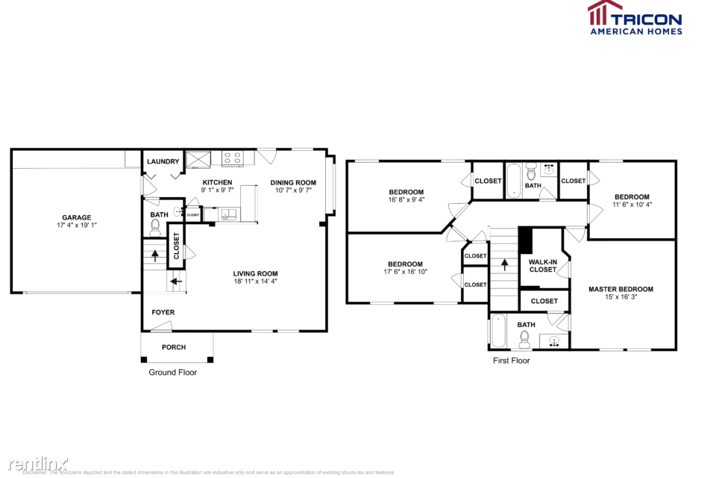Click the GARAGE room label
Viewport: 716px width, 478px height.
point(76,217)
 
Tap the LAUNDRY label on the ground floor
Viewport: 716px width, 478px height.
point(163,161)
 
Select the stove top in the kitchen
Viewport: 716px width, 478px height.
point(232,158)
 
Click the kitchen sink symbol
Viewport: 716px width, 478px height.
point(228,215)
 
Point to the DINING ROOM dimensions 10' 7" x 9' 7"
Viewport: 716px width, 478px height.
point(293,190)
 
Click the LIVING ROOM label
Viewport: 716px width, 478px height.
point(255,273)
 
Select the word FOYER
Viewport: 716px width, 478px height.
point(163,312)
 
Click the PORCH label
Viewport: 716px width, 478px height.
point(175,347)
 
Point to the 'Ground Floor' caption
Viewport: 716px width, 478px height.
point(172,372)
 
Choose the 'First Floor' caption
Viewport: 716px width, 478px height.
point(511,360)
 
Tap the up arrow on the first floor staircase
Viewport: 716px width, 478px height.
point(504,264)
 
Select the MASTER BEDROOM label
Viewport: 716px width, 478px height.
point(621,289)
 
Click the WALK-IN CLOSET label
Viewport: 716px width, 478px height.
point(542,265)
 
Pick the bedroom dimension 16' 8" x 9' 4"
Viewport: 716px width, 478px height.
point(406,199)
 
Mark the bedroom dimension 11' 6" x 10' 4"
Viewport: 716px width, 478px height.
point(632,204)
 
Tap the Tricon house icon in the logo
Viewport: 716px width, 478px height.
point(605,15)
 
